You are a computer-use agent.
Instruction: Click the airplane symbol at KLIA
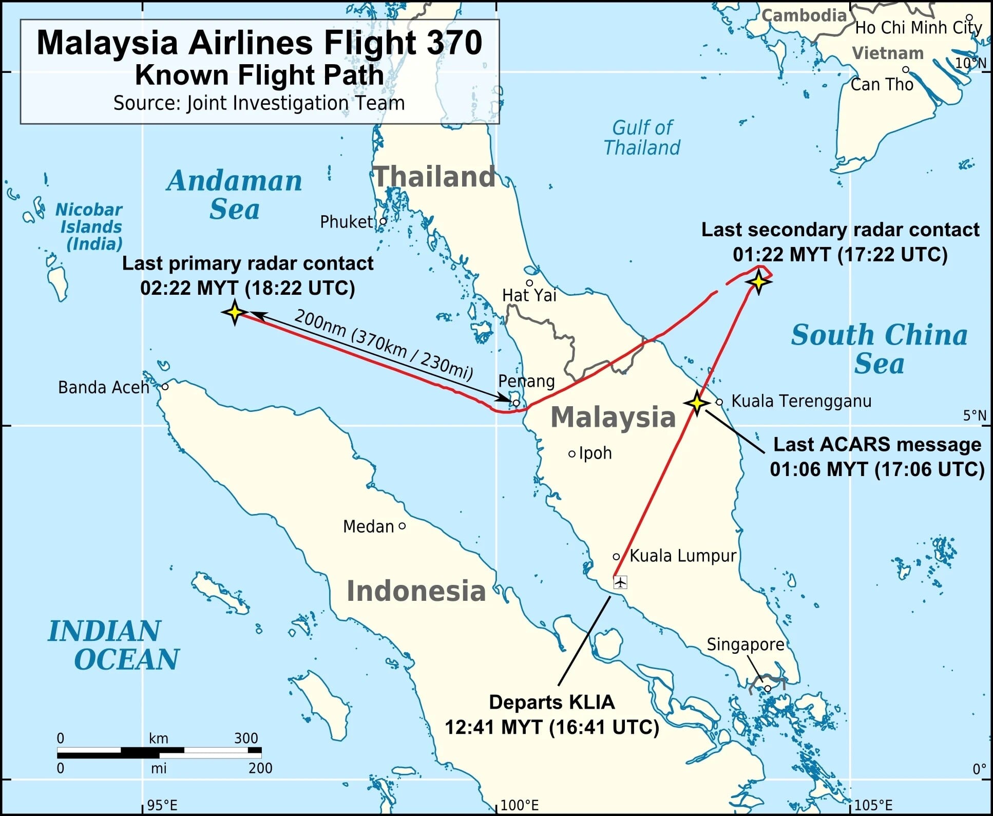tap(620, 582)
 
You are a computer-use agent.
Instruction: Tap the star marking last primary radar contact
tap(235, 312)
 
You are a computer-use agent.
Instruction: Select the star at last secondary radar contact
tap(759, 281)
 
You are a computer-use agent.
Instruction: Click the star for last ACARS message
tap(696, 403)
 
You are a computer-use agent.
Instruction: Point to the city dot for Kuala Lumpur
tap(616, 557)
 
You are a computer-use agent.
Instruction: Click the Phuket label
tap(346, 222)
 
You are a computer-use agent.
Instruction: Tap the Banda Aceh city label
tap(103, 387)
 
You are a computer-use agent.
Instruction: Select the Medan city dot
tap(402, 526)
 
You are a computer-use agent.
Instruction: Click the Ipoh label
tap(595, 453)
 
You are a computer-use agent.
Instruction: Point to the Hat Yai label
tap(529, 295)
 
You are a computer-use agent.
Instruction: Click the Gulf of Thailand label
tap(642, 138)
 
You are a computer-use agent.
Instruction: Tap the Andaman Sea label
tap(235, 195)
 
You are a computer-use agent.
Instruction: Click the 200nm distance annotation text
tap(383, 345)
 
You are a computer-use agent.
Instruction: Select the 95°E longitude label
tap(162, 805)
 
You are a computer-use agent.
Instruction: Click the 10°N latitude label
tap(970, 63)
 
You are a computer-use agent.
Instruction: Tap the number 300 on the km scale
tap(246, 738)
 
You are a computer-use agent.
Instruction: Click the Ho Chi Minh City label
tap(918, 28)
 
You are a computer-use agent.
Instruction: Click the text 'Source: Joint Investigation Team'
tap(259, 103)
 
